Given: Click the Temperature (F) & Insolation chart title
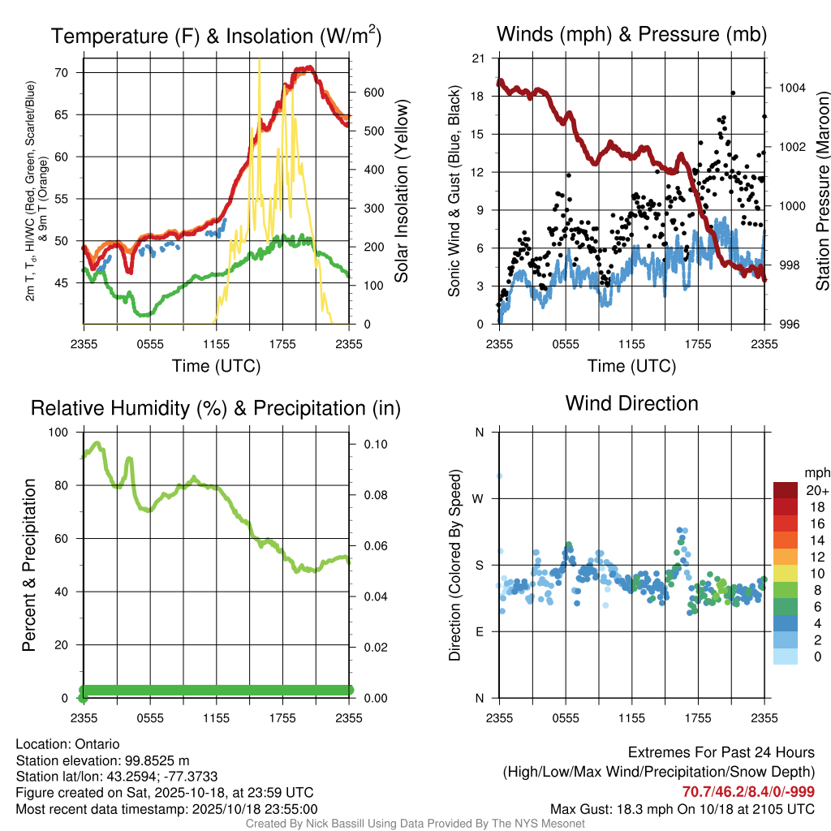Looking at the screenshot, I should click(x=216, y=36).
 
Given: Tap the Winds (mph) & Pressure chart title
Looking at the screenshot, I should click(x=631, y=34).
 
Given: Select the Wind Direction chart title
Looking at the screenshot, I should click(x=631, y=403).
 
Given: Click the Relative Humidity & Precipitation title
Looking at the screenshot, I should click(x=216, y=408).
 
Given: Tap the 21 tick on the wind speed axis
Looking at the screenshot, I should click(x=478, y=58).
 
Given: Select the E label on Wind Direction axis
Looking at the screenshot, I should click(x=480, y=631).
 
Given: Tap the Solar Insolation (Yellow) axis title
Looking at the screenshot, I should click(x=401, y=192).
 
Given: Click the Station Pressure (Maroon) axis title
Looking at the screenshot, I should click(x=822, y=192).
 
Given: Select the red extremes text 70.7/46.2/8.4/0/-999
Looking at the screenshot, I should click(x=748, y=792).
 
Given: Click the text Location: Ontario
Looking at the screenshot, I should click(x=67, y=744).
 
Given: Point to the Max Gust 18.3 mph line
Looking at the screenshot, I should click(x=682, y=808).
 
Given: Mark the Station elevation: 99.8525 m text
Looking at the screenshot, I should click(x=102, y=760).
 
